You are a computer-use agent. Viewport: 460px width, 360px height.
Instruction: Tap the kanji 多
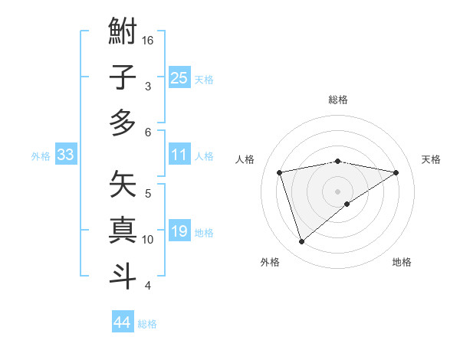(123, 123)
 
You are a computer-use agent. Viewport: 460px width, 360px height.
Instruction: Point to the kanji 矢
(123, 185)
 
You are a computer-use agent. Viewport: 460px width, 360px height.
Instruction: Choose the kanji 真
(123, 230)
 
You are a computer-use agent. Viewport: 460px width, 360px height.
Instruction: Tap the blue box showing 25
(179, 78)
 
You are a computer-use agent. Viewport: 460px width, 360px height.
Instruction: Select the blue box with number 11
(179, 155)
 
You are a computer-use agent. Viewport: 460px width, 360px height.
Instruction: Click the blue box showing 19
(179, 232)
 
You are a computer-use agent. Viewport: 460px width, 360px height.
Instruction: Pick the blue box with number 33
(65, 155)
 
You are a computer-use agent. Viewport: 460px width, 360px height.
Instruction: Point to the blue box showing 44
(122, 322)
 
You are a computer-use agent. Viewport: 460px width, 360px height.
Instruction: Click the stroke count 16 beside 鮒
(148, 40)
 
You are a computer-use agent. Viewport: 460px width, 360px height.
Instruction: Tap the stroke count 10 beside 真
(148, 240)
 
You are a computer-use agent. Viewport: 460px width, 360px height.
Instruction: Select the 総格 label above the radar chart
(337, 100)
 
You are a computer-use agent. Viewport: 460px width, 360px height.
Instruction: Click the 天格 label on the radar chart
(431, 159)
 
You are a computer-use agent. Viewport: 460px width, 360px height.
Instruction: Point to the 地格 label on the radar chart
(402, 262)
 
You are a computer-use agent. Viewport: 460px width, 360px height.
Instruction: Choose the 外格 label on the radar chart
(270, 262)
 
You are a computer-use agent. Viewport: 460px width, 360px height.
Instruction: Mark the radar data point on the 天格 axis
(396, 172)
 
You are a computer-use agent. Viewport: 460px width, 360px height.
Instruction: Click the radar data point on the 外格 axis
(301, 242)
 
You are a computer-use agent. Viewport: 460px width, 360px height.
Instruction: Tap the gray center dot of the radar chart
(337, 191)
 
